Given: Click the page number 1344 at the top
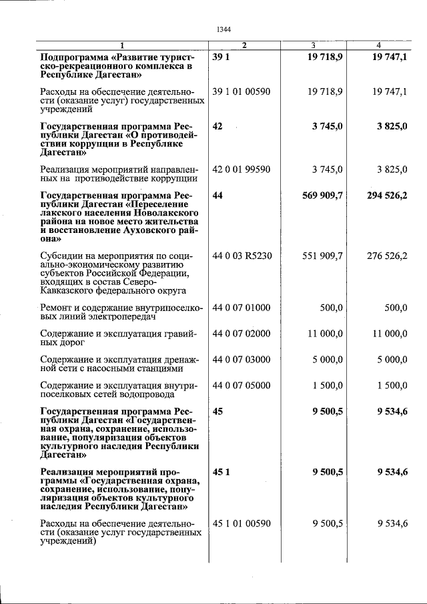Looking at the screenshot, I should [224, 29].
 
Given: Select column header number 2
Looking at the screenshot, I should [245, 45].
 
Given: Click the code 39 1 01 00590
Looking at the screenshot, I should [242, 91].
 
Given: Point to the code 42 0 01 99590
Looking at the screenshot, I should [242, 170].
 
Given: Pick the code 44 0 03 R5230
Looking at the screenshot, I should [242, 256].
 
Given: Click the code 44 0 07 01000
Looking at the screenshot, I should [242, 308].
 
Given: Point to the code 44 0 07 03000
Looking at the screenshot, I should [242, 360].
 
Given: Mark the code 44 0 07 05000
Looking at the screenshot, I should [242, 386].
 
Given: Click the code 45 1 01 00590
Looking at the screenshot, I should [242, 524].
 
